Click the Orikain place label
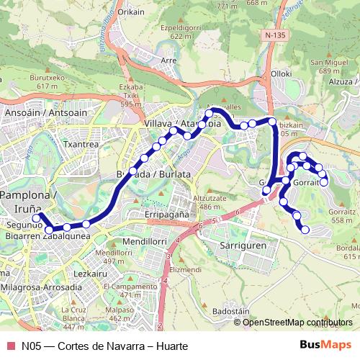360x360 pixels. (131, 12)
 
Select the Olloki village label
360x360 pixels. (281, 73)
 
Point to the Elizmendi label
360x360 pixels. (185, 269)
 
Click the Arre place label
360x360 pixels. (170, 61)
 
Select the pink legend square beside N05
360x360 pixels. (9, 346)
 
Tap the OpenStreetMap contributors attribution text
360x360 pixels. (297, 323)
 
